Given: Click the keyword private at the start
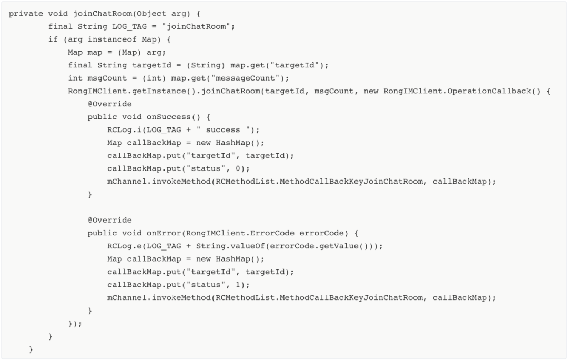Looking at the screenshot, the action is coord(24,14).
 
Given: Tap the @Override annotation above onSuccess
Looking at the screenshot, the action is coord(109,104).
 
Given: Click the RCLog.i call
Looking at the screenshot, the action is coord(121,130).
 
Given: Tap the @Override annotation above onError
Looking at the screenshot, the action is coord(109,220).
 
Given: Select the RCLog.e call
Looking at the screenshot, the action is coord(121,246).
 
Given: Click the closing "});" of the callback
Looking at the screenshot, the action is coord(75,324).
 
